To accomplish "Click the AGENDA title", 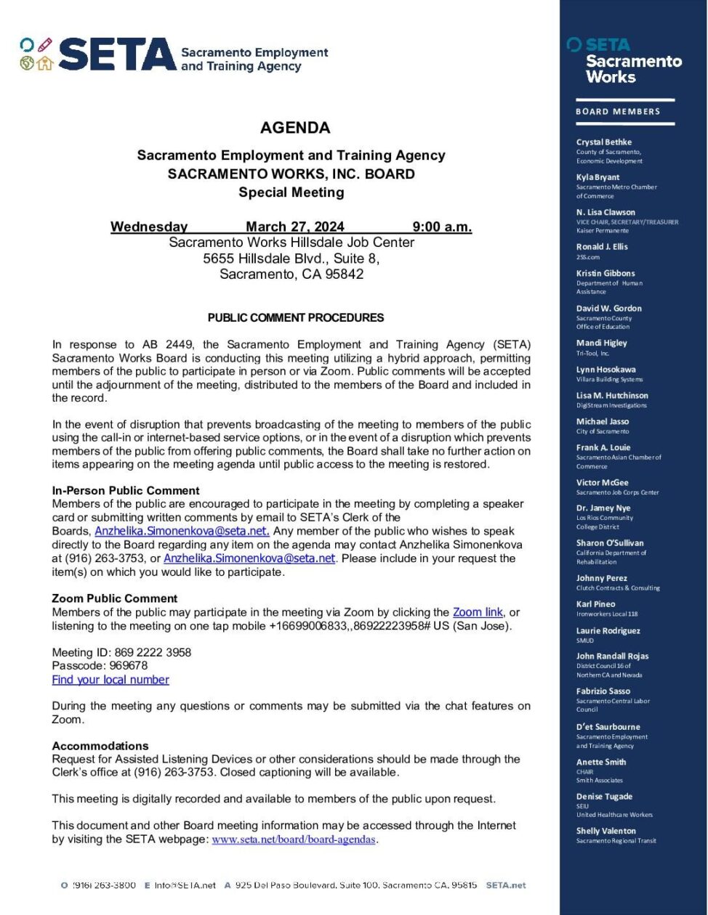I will pos(295,128).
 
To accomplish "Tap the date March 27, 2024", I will pos(294,227).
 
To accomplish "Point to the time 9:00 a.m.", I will pos(442,227).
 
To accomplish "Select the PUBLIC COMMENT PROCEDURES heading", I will pos(296,317).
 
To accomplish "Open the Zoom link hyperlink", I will pos(478,612).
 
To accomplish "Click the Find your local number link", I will pos(110,680).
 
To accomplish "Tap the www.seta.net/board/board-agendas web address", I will pos(294,839).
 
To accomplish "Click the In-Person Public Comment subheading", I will pos(126,490).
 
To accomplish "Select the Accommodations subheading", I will pos(100,746).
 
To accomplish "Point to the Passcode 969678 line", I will pos(100,665).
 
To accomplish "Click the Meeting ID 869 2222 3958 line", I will pos(121,652).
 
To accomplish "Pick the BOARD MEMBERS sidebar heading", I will pos(618,111).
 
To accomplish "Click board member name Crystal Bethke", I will pos(604,142).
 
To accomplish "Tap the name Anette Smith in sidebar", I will pos(601,762).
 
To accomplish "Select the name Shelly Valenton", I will pos(606,831).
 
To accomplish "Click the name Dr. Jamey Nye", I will pos(603,508).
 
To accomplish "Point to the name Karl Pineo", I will pos(596,604).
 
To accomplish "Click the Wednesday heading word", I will pos(149,227).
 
